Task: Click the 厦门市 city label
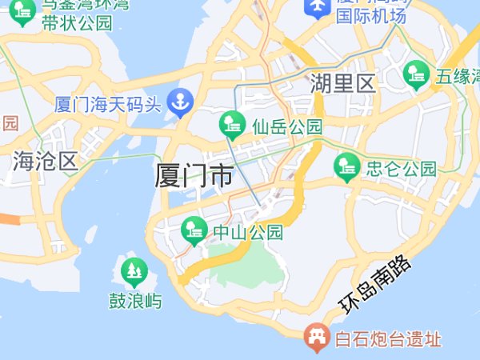tap(194, 175)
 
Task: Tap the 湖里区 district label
tap(343, 83)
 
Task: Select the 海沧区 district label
tap(45, 161)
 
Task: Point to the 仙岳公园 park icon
tap(233, 125)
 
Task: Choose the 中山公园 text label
tap(248, 233)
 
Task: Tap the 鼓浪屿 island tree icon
tap(134, 273)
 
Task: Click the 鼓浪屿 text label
tap(135, 301)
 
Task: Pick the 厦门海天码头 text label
tap(108, 103)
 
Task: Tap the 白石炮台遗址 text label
tap(387, 339)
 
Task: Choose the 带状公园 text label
tap(78, 22)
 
